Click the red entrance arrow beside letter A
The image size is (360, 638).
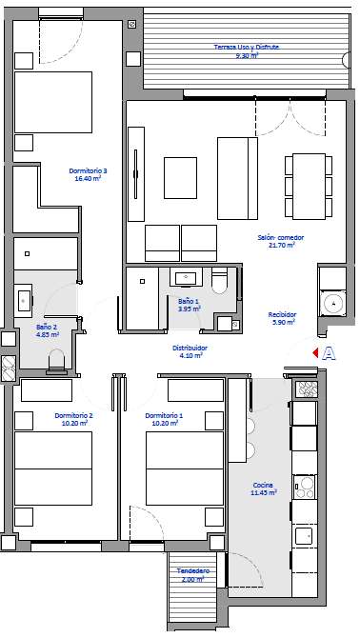(315, 353)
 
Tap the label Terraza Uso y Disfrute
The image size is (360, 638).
(247, 47)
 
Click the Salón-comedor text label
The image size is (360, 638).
(281, 238)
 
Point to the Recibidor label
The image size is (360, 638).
(282, 314)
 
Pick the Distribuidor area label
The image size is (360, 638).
(190, 348)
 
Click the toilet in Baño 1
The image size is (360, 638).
(220, 281)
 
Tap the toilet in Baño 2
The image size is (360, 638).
(56, 361)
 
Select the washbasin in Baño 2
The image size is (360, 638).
(23, 300)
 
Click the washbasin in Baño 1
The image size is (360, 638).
(186, 277)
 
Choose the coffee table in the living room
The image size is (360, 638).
(180, 178)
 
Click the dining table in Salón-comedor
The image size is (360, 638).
(310, 186)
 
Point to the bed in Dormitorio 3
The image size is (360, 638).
(53, 102)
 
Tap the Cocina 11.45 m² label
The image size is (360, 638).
(264, 489)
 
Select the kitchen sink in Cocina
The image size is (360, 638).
(304, 535)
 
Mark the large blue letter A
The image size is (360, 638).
(329, 353)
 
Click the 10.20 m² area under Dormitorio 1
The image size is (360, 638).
(165, 423)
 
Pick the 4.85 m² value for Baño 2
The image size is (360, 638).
(48, 334)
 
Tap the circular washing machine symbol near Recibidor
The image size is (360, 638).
(333, 302)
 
